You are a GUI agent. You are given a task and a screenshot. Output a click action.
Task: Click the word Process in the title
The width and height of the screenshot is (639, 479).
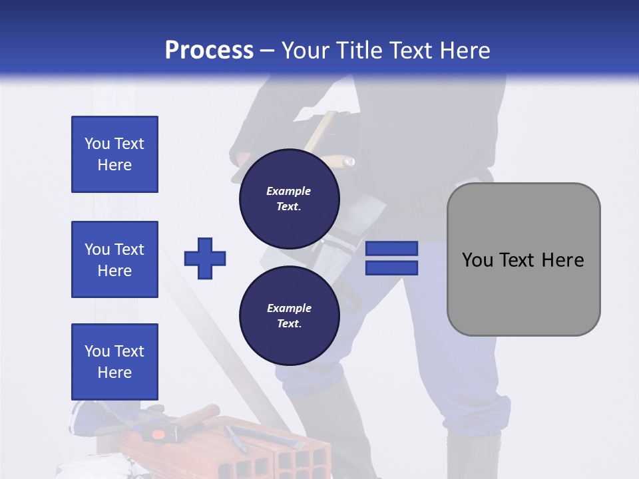(x=209, y=51)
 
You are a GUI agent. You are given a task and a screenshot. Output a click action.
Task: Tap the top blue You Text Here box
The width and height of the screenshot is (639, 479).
(x=114, y=154)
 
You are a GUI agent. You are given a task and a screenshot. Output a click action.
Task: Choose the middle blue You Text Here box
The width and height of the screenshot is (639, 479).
(x=114, y=259)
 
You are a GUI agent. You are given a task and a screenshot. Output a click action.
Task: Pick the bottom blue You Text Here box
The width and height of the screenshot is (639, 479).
(x=114, y=361)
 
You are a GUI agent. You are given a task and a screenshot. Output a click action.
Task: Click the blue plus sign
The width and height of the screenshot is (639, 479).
(x=205, y=258)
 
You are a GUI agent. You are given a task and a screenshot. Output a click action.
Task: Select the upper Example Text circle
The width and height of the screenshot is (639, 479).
(x=289, y=198)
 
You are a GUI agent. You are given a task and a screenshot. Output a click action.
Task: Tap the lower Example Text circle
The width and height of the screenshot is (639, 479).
(x=289, y=315)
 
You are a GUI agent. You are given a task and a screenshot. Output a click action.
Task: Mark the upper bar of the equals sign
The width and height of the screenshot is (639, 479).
(x=391, y=248)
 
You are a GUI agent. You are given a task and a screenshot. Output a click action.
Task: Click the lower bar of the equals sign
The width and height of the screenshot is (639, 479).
(x=391, y=267)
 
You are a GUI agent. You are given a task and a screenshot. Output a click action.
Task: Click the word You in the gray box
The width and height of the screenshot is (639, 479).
(x=477, y=260)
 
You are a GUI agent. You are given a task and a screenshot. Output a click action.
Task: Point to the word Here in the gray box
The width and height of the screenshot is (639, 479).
(x=562, y=260)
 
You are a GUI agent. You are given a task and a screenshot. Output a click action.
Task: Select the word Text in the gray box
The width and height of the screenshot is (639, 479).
(x=518, y=260)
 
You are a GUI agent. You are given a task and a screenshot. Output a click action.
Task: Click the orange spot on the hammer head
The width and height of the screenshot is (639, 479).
(x=158, y=434)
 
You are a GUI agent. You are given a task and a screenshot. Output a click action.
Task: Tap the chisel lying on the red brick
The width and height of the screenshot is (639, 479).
(x=236, y=438)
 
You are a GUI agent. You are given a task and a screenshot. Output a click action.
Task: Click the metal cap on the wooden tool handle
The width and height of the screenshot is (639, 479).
(x=348, y=161)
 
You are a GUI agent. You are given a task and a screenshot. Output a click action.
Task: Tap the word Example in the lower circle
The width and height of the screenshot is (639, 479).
(x=289, y=308)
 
